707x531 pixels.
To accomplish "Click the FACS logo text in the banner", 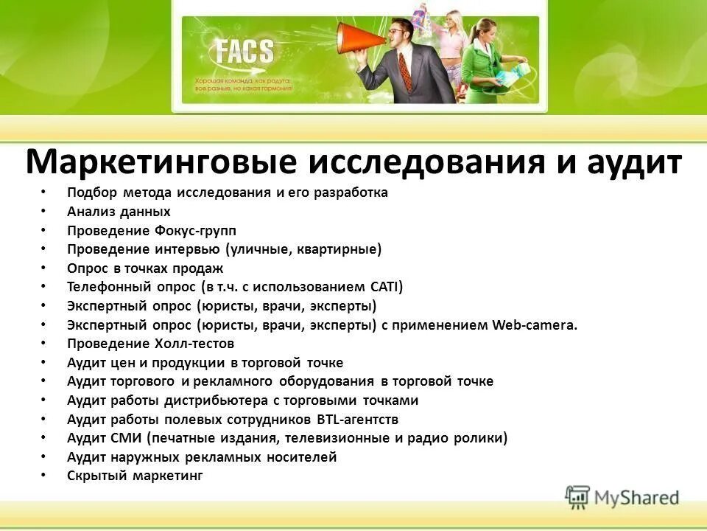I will pos(244,52).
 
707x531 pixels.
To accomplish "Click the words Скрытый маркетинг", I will pos(134,476).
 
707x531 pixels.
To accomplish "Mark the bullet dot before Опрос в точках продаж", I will pos(43,268).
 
